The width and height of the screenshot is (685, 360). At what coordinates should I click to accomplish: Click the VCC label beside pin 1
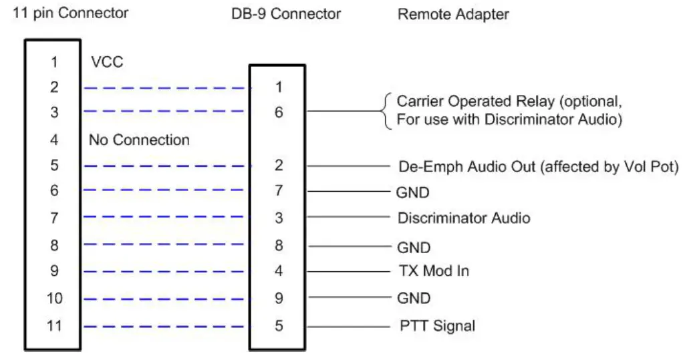click(x=107, y=62)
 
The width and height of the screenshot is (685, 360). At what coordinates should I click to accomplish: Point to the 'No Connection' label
click(x=139, y=140)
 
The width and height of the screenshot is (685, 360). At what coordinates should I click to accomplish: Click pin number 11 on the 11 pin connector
click(x=53, y=327)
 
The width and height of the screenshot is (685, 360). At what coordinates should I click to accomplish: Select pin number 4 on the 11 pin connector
click(x=53, y=140)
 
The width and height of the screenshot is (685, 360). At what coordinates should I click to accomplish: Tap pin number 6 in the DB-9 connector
click(x=278, y=112)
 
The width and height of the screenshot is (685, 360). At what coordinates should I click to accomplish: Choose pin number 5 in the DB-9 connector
click(x=278, y=327)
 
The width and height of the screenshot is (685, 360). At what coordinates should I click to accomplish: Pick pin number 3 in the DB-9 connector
click(x=278, y=218)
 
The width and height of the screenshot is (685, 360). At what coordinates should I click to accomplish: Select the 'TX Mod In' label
click(x=433, y=271)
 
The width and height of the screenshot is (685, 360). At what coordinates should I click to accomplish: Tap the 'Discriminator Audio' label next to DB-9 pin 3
click(x=464, y=218)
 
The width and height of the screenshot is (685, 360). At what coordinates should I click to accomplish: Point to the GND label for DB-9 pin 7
click(x=414, y=192)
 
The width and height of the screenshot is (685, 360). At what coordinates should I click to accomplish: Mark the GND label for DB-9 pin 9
click(x=414, y=298)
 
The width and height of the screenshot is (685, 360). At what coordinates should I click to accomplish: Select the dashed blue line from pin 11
click(x=164, y=327)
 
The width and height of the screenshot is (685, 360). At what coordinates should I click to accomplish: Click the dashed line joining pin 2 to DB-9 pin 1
click(x=164, y=87)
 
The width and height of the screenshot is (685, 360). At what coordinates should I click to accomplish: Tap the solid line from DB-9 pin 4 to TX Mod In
click(x=348, y=272)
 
